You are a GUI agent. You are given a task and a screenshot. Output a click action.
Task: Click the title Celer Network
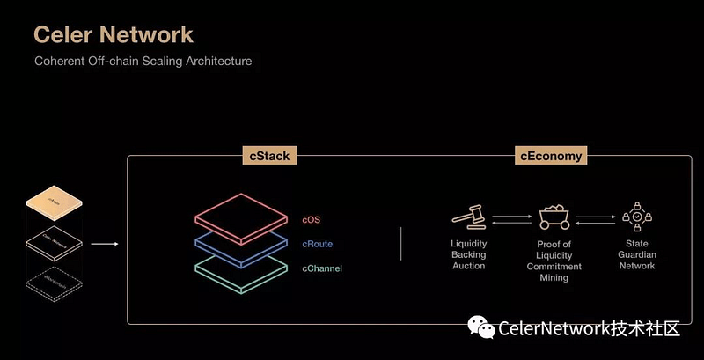click(x=113, y=34)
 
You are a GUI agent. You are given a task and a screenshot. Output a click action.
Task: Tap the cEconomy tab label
click(x=551, y=157)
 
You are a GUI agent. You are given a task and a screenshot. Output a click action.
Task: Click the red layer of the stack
click(x=244, y=218)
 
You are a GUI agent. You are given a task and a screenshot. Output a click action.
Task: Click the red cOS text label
click(x=313, y=219)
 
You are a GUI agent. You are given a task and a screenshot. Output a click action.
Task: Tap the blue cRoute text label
click(x=317, y=244)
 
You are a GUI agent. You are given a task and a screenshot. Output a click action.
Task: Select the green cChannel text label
click(x=322, y=268)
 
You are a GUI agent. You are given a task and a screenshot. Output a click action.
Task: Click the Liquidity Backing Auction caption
click(x=468, y=254)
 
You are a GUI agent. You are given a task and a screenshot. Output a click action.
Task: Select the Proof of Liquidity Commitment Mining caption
click(x=554, y=261)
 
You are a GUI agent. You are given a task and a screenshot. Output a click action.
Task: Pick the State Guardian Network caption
click(x=636, y=254)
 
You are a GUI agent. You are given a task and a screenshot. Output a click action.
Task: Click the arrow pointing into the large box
click(x=105, y=245)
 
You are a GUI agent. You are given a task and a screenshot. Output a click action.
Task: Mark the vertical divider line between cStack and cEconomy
click(x=401, y=244)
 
